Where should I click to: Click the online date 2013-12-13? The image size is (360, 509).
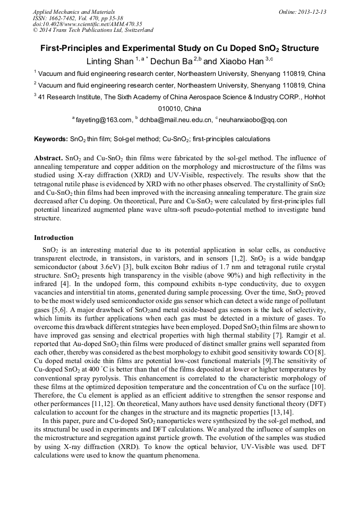click(309, 12)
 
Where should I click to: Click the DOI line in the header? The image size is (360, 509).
click(87, 24)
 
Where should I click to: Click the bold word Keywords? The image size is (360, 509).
click(50, 139)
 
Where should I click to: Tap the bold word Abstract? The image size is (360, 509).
click(48, 158)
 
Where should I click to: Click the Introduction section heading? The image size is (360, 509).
click(54, 237)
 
